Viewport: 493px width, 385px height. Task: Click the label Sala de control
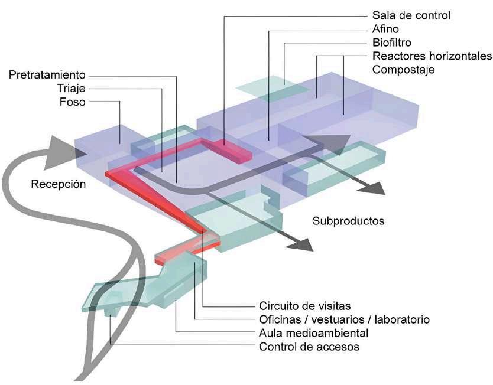[x=411, y=15]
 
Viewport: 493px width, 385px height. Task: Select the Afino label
[x=387, y=29]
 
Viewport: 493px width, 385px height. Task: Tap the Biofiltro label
[x=392, y=43]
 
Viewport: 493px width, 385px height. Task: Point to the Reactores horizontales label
[x=432, y=56]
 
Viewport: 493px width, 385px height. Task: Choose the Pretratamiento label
[x=47, y=75]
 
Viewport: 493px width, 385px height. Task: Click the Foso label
[x=73, y=102]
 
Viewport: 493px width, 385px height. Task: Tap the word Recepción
[x=59, y=184]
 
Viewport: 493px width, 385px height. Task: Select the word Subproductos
[x=348, y=221]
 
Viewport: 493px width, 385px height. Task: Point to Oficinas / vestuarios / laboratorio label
[x=344, y=319]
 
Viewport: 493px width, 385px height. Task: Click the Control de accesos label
[x=309, y=347]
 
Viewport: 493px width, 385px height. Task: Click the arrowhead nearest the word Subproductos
[x=300, y=243]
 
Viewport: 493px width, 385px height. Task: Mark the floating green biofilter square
[x=273, y=87]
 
